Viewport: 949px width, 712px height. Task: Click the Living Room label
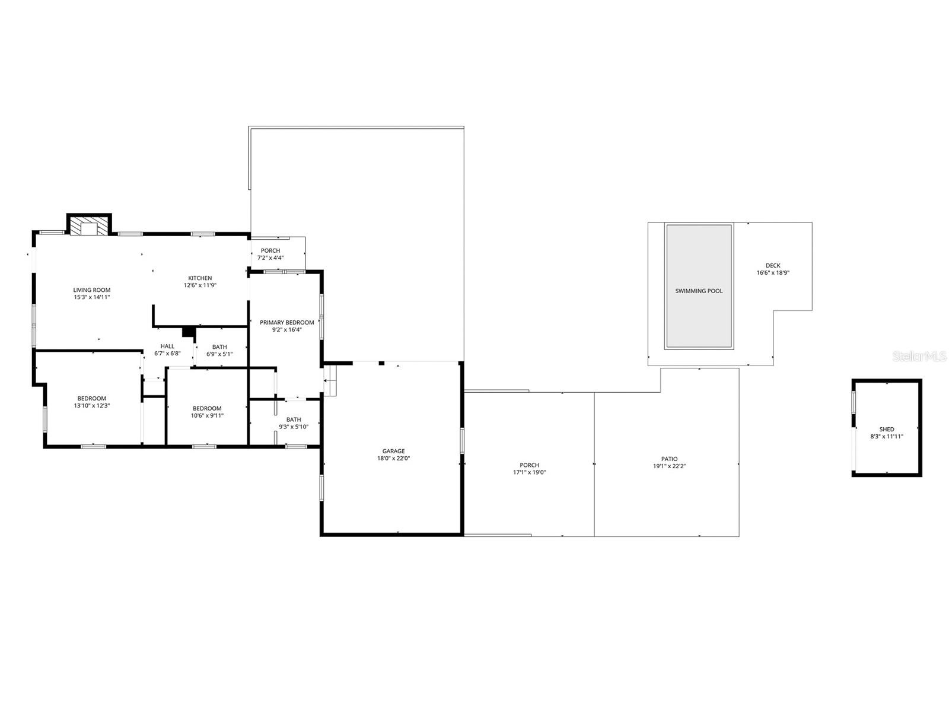92,290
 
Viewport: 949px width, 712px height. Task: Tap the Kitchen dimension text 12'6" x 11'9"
200,285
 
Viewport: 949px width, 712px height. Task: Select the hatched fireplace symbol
89,226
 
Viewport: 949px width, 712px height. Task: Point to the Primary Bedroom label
286,323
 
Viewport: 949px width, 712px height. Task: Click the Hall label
167,347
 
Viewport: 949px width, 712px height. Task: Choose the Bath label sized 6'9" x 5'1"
219,347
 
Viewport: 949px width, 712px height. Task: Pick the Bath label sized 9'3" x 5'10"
294,419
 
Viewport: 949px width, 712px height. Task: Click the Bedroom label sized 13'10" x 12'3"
92,398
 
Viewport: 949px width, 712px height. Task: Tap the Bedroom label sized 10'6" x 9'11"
207,408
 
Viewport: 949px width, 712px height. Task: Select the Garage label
394,451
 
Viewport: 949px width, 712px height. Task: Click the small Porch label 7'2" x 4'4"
270,250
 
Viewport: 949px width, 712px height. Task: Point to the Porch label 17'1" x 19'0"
529,465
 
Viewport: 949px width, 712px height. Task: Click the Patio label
669,459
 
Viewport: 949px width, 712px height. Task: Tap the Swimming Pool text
699,291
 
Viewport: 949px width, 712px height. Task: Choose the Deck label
773,266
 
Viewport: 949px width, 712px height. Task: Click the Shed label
887,429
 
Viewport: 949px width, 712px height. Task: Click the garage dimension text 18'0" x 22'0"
394,458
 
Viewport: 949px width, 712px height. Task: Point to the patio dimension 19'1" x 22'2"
669,466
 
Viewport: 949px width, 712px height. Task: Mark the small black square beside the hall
189,332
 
